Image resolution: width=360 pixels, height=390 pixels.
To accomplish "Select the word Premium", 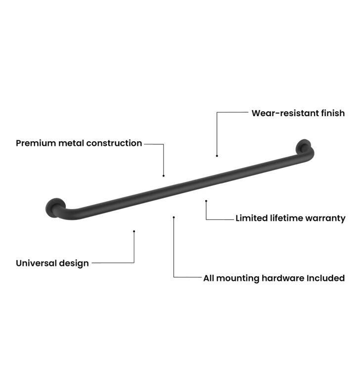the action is (x=36, y=143).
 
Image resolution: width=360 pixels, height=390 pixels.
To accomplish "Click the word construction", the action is (x=114, y=143).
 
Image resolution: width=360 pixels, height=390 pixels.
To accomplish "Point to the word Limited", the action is (x=252, y=218).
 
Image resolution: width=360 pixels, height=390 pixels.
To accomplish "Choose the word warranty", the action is (x=325, y=218).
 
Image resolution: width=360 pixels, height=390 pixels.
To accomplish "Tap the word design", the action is (x=74, y=263).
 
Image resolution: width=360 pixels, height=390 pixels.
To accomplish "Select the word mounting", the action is (x=237, y=279).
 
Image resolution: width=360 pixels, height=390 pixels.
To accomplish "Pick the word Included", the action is (x=326, y=278).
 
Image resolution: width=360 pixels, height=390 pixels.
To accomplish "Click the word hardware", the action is (x=283, y=278).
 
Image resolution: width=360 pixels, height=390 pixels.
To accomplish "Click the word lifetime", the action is (x=286, y=218).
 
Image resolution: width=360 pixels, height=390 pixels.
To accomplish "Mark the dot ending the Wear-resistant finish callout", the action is (x=217, y=156).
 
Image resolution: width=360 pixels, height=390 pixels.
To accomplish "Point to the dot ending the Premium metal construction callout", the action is (x=164, y=176).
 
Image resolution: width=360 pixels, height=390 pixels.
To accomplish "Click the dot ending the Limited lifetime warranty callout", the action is (x=206, y=201).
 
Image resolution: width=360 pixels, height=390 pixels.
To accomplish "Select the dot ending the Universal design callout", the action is (x=134, y=231).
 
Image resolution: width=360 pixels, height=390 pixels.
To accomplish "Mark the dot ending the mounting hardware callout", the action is (x=174, y=217).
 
